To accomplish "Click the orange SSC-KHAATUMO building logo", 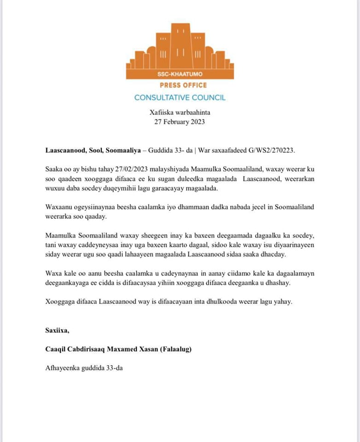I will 180,51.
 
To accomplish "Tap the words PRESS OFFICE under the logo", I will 183,85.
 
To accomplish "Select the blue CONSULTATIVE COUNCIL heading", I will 180,98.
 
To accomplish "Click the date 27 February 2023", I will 180,122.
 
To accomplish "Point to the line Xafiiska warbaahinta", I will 180,112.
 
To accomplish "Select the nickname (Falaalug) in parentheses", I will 175,349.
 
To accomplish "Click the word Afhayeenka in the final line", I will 63,368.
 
